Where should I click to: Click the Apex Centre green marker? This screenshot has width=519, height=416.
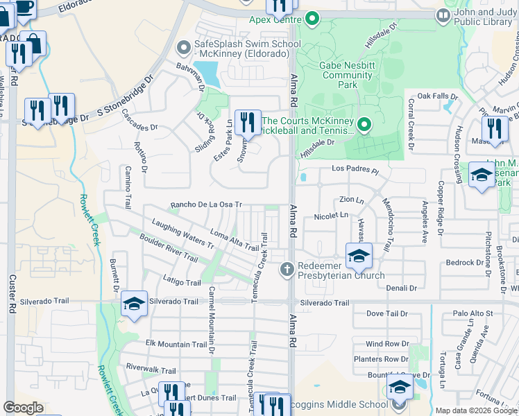pos(312,18)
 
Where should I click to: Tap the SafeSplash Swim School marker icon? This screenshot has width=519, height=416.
pos(184,48)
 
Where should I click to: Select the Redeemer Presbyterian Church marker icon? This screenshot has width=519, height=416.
pos(287,268)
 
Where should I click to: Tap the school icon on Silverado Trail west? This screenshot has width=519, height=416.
pos(135,304)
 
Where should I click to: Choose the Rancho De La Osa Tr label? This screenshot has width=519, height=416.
pos(206,205)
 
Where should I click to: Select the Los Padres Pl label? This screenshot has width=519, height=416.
pos(357,169)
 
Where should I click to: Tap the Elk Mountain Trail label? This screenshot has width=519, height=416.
pos(176,344)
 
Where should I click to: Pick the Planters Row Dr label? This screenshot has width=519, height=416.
pos(381,359)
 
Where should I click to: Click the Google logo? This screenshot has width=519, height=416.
pos(24,408)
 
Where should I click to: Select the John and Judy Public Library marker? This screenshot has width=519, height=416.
pos(443,15)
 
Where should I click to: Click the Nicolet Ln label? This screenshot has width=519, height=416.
pos(331,216)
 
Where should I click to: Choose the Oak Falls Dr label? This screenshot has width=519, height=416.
pos(437,96)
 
